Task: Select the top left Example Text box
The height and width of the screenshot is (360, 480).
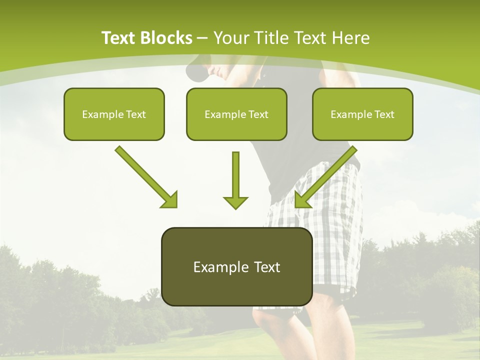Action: [x=114, y=114]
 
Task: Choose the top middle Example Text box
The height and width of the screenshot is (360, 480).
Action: [x=236, y=114]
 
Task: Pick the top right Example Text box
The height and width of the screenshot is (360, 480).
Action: [x=362, y=114]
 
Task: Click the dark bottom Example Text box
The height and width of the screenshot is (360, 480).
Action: [x=236, y=266]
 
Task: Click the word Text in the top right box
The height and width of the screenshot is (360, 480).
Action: [x=384, y=114]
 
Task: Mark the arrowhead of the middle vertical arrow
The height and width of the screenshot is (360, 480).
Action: [x=235, y=202]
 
